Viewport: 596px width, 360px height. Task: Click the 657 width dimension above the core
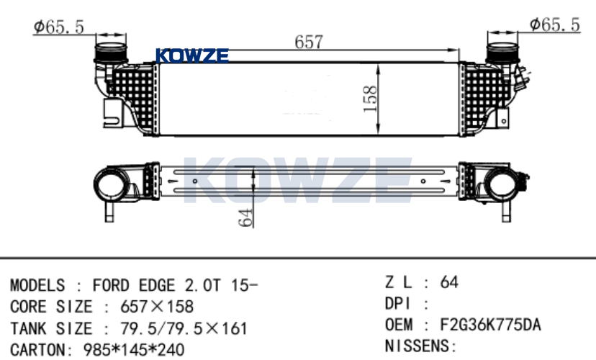click(309, 42)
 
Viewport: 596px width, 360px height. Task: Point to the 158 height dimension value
click(370, 99)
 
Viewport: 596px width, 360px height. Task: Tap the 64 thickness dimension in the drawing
click(246, 217)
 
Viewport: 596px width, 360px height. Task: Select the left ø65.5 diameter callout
click(58, 27)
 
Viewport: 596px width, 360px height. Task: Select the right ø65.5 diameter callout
click(555, 24)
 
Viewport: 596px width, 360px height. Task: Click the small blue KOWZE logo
click(192, 56)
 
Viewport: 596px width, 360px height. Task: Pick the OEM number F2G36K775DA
click(490, 325)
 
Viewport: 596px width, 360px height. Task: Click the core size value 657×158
click(157, 307)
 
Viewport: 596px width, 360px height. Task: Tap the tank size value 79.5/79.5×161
click(184, 328)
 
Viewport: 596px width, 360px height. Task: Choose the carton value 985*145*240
click(134, 350)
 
